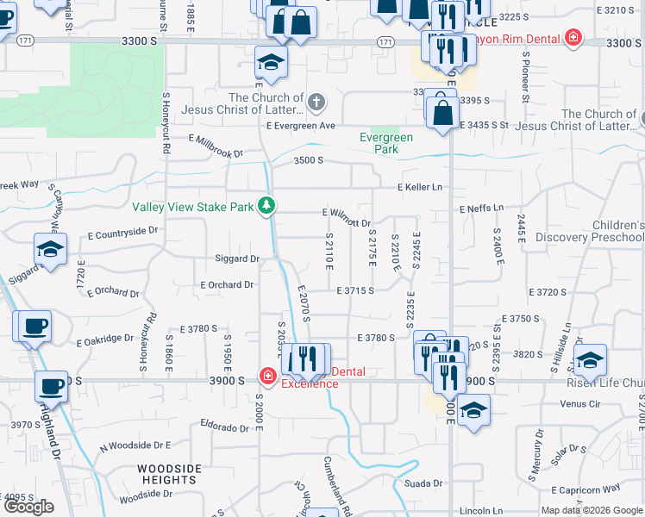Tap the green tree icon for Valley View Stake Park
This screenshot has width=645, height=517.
[268, 206]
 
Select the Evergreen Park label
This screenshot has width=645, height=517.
[385, 143]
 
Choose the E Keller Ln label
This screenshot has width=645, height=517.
[419, 188]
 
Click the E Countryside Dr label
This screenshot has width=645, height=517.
[123, 232]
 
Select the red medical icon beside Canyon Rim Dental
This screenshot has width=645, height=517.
[572, 39]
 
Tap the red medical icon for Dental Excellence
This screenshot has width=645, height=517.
[267, 377]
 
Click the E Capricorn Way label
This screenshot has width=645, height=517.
[602, 488]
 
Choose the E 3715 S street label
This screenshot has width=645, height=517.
[354, 291]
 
